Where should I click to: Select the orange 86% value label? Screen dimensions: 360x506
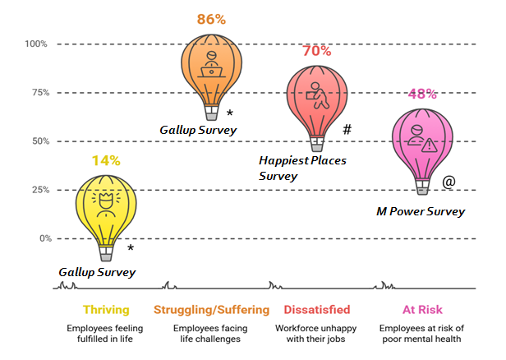pos(211,18)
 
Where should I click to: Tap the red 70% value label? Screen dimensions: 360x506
pos(316,51)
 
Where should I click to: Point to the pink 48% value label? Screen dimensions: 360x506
pos(421,93)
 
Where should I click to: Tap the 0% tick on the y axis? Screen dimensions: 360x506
pos(43,238)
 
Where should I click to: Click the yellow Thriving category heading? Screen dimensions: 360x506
pos(104,310)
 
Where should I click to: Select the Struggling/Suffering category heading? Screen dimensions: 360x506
pos(211,310)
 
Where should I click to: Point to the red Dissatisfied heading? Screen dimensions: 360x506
pos(316,310)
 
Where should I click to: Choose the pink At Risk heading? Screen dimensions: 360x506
pos(421,310)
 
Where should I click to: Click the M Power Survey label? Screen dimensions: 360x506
pos(420,212)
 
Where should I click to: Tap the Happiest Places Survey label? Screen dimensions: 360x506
pos(302,168)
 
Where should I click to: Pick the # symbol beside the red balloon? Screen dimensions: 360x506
pos(347,130)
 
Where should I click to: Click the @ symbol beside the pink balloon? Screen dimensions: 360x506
pos(448,182)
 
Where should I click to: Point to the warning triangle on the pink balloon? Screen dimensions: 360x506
pos(430,145)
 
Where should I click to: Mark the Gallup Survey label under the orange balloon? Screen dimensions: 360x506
pos(198,130)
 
